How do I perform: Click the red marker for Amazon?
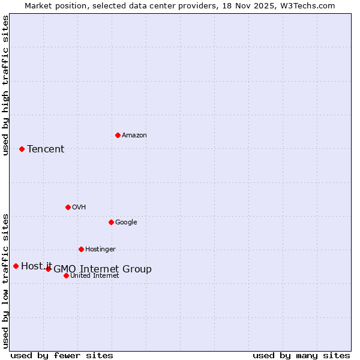pyautogui.click(x=118, y=135)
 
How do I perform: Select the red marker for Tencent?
pyautogui.click(x=22, y=149)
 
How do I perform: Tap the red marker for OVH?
pyautogui.click(x=68, y=207)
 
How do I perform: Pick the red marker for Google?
pyautogui.click(x=111, y=222)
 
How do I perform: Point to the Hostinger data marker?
pyautogui.click(x=81, y=249)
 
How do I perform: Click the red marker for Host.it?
pyautogui.click(x=16, y=266)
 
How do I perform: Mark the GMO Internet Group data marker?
pyautogui.click(x=48, y=269)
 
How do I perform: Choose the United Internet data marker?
pyautogui.click(x=66, y=275)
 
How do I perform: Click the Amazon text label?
pyautogui.click(x=134, y=136)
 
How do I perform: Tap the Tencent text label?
pyautogui.click(x=46, y=149)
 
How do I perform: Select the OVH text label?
pyautogui.click(x=79, y=208)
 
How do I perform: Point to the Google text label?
pyautogui.click(x=126, y=223)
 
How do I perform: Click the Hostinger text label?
pyautogui.click(x=100, y=250)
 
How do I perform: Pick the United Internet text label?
pyautogui.click(x=95, y=276)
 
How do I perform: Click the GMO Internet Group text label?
pyautogui.click(x=103, y=269)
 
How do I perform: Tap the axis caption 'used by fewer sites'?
pyautogui.click(x=62, y=355)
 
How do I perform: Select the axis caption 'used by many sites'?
pyautogui.click(x=301, y=355)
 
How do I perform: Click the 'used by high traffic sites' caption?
pyautogui.click(x=6, y=85)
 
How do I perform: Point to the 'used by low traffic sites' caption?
pyautogui.click(x=6, y=281)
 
